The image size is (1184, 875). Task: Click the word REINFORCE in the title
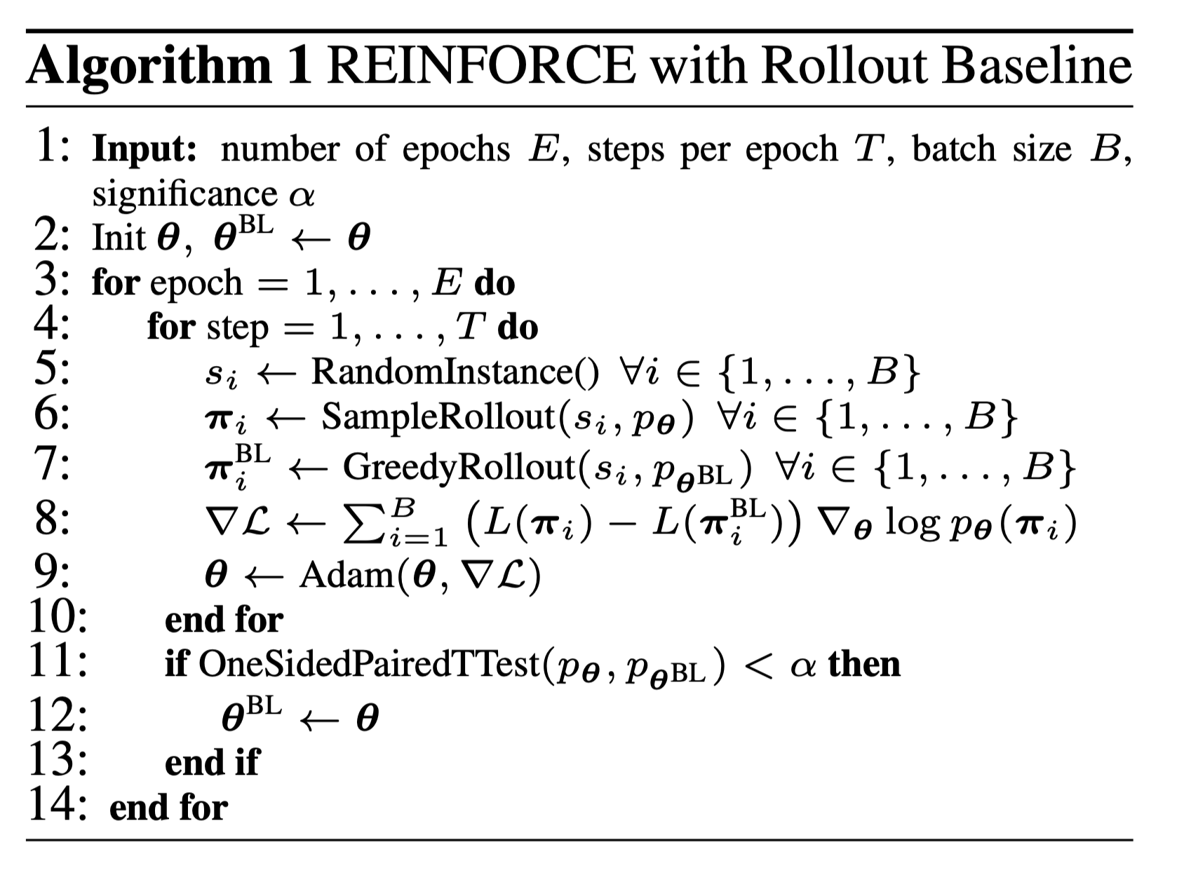(x=480, y=67)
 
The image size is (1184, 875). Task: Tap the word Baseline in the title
(x=1037, y=67)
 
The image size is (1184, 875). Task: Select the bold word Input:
(x=144, y=149)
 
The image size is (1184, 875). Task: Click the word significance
(x=184, y=194)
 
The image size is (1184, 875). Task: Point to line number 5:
(x=52, y=370)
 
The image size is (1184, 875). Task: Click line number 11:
(x=58, y=663)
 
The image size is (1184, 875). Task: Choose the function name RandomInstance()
(x=455, y=372)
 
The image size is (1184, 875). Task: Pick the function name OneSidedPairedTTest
(x=369, y=664)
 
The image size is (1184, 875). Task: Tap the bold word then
(x=864, y=663)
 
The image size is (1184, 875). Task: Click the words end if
(x=211, y=762)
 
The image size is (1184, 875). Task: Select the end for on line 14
(x=168, y=807)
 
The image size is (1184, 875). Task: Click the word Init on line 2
(x=119, y=238)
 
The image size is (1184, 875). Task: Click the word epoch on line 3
(x=196, y=284)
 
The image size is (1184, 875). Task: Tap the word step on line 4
(x=238, y=328)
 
